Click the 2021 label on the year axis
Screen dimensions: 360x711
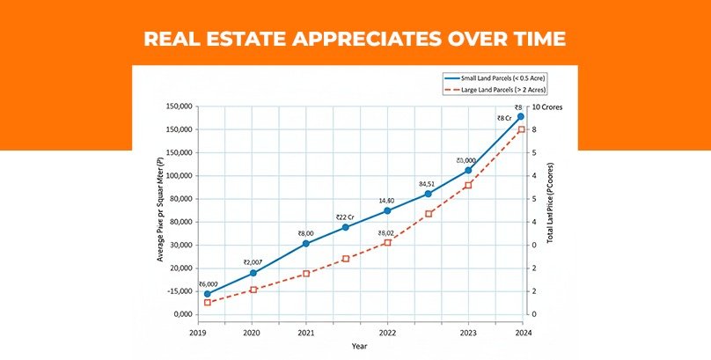tap(305, 333)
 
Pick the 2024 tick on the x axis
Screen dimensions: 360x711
tap(522, 333)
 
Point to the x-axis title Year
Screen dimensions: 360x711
tap(360, 347)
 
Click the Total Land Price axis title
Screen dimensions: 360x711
tap(550, 211)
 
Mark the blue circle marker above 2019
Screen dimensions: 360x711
tap(208, 294)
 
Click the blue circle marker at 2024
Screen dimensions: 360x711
tap(521, 116)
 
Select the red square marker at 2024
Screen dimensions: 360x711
tap(521, 129)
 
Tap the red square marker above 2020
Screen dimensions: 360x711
tap(253, 290)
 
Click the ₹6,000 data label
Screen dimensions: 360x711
tap(209, 283)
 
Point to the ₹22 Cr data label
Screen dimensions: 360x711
tap(346, 217)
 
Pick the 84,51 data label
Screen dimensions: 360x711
tap(428, 184)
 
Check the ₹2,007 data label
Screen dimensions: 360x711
tap(253, 262)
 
